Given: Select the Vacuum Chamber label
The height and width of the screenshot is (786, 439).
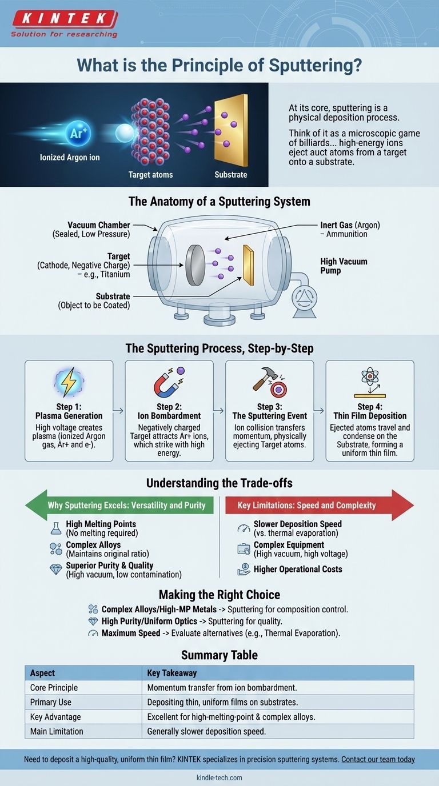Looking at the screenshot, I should [x=98, y=225].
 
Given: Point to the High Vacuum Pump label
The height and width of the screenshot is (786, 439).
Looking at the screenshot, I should [x=344, y=266].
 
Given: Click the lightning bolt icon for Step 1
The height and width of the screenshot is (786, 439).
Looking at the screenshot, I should [x=69, y=382].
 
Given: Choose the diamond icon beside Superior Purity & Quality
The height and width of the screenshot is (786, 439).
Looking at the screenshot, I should [x=56, y=570].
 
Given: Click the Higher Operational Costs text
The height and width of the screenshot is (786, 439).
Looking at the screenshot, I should [x=298, y=569].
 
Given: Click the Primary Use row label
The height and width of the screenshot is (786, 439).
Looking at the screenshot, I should [x=51, y=702].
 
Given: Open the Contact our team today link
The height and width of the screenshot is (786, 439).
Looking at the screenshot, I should [x=378, y=760].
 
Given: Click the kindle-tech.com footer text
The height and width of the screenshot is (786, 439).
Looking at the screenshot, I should [x=219, y=777].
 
